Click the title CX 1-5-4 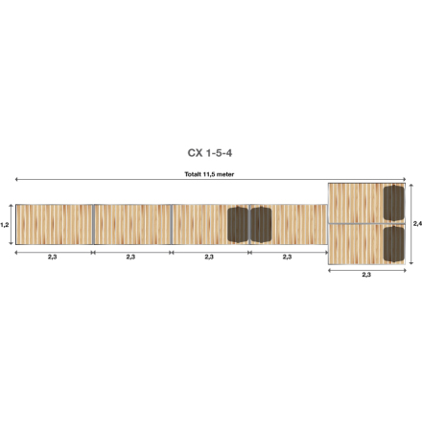209,152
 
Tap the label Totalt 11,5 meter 209,174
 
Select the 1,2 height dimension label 5,225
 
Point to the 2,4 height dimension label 416,223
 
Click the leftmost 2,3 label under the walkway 53,258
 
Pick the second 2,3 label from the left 130,258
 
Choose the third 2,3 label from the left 209,258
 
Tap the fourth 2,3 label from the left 287,258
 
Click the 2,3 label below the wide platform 366,275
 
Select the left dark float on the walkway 237,225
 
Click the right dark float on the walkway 260,225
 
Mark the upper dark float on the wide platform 393,203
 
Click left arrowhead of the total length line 16,180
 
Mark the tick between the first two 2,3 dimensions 92,252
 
